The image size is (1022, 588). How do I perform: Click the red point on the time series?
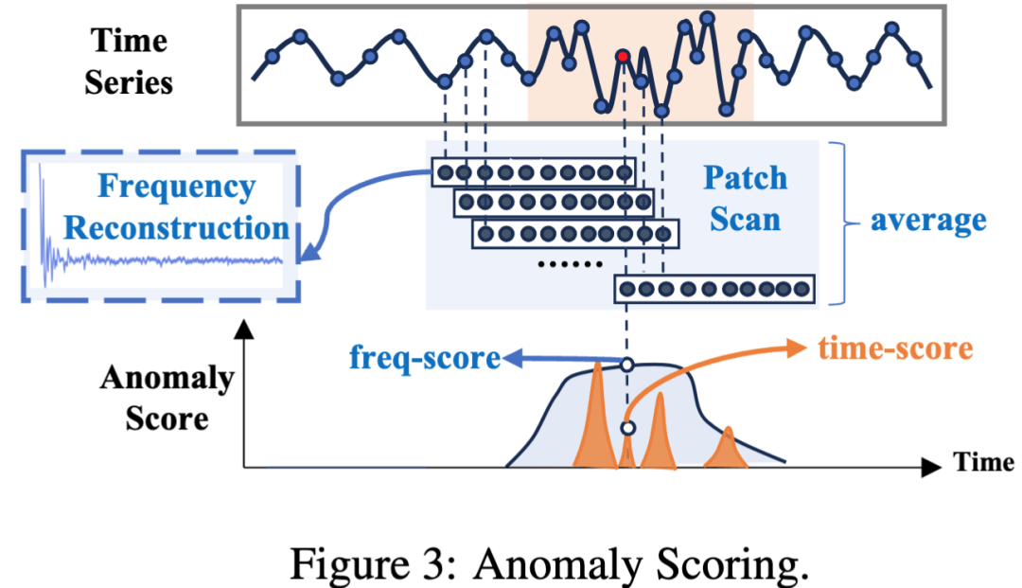point(622,57)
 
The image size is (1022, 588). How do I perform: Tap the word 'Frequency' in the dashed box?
point(177,187)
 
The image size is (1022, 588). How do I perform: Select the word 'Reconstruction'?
point(177,228)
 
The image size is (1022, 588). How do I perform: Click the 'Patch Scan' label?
point(744,198)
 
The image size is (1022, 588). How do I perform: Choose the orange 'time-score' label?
point(893,348)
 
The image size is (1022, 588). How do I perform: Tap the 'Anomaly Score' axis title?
point(167,397)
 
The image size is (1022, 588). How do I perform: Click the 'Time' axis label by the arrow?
point(984,462)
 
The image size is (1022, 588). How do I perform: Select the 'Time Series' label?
point(129,61)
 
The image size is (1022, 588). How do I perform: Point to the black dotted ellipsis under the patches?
point(568,264)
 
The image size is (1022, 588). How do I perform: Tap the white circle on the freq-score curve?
point(626,365)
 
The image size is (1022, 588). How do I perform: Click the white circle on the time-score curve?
point(626,429)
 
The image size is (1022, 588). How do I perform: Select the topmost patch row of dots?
point(533,172)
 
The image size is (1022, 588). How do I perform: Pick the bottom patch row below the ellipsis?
point(714,289)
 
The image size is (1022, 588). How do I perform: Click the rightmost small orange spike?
point(728,449)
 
